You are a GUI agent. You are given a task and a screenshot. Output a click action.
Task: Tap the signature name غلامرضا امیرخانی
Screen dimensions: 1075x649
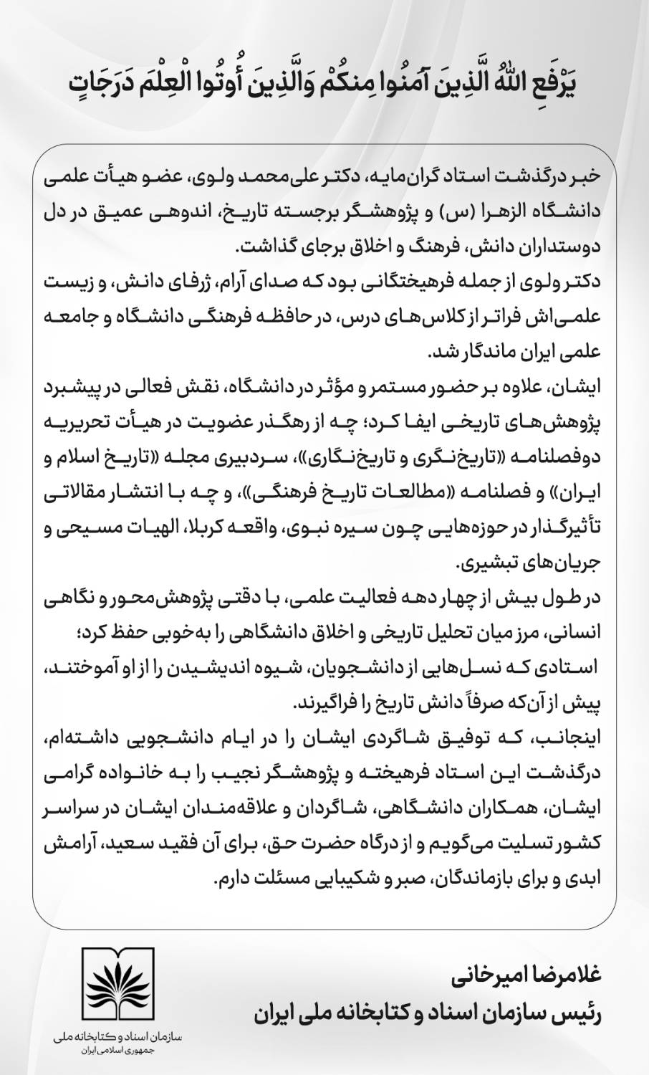[534, 977]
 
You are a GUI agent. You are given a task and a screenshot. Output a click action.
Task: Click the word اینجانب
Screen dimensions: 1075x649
[583, 739]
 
